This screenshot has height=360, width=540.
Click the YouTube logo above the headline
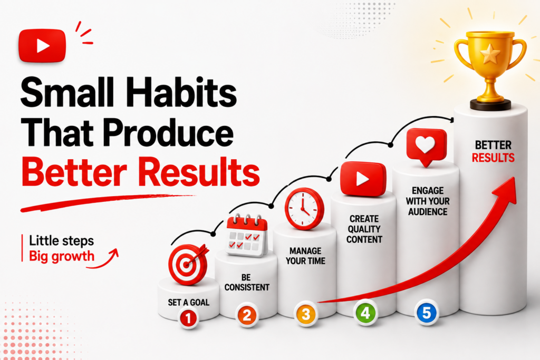(x=42, y=46)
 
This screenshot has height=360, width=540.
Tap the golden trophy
(x=490, y=69)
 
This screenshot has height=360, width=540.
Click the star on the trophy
(x=490, y=54)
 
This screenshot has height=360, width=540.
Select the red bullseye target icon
(x=188, y=264)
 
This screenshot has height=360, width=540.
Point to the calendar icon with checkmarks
(x=247, y=236)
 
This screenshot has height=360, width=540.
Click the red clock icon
(x=304, y=209)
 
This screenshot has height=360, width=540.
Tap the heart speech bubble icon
(x=426, y=147)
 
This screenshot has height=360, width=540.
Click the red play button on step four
(x=363, y=179)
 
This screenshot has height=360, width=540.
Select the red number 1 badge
(x=188, y=318)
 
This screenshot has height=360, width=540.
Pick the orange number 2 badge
(x=247, y=315)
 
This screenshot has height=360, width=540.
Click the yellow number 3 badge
(x=306, y=314)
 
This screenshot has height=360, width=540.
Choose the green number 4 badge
(x=365, y=313)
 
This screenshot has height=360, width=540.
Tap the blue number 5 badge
(x=426, y=313)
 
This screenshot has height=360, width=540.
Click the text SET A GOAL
(x=188, y=303)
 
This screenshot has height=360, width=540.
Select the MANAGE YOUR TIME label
(x=305, y=256)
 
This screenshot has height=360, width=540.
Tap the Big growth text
(x=62, y=256)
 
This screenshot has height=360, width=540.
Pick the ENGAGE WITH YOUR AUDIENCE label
(x=428, y=201)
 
